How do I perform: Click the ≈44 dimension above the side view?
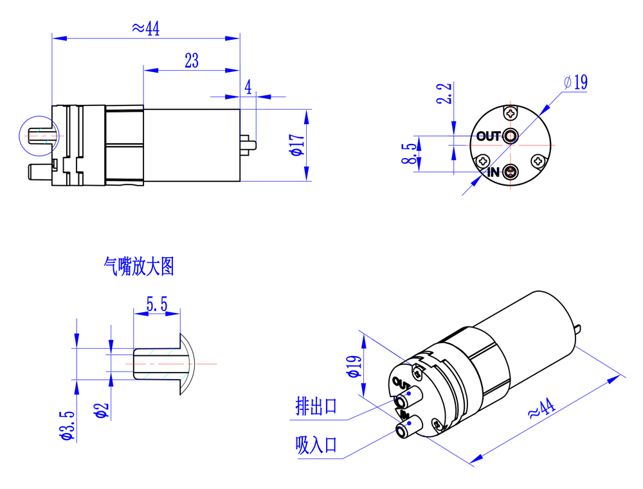(x=145, y=28)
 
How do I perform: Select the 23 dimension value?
(x=192, y=61)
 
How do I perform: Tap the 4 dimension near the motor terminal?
(x=248, y=87)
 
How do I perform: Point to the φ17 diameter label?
(x=296, y=145)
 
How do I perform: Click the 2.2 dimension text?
(x=444, y=94)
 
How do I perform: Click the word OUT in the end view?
(x=489, y=136)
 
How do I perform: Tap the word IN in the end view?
(x=493, y=172)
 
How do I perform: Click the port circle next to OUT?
(x=511, y=136)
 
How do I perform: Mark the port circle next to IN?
(x=511, y=172)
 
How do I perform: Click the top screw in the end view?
(x=511, y=113)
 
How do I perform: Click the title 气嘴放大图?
(x=139, y=266)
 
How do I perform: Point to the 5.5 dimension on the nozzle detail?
(x=157, y=305)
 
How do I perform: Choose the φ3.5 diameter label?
(x=66, y=426)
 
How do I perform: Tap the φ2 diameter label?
(x=102, y=410)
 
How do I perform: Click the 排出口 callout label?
(x=316, y=406)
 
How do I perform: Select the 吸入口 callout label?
(x=316, y=445)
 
